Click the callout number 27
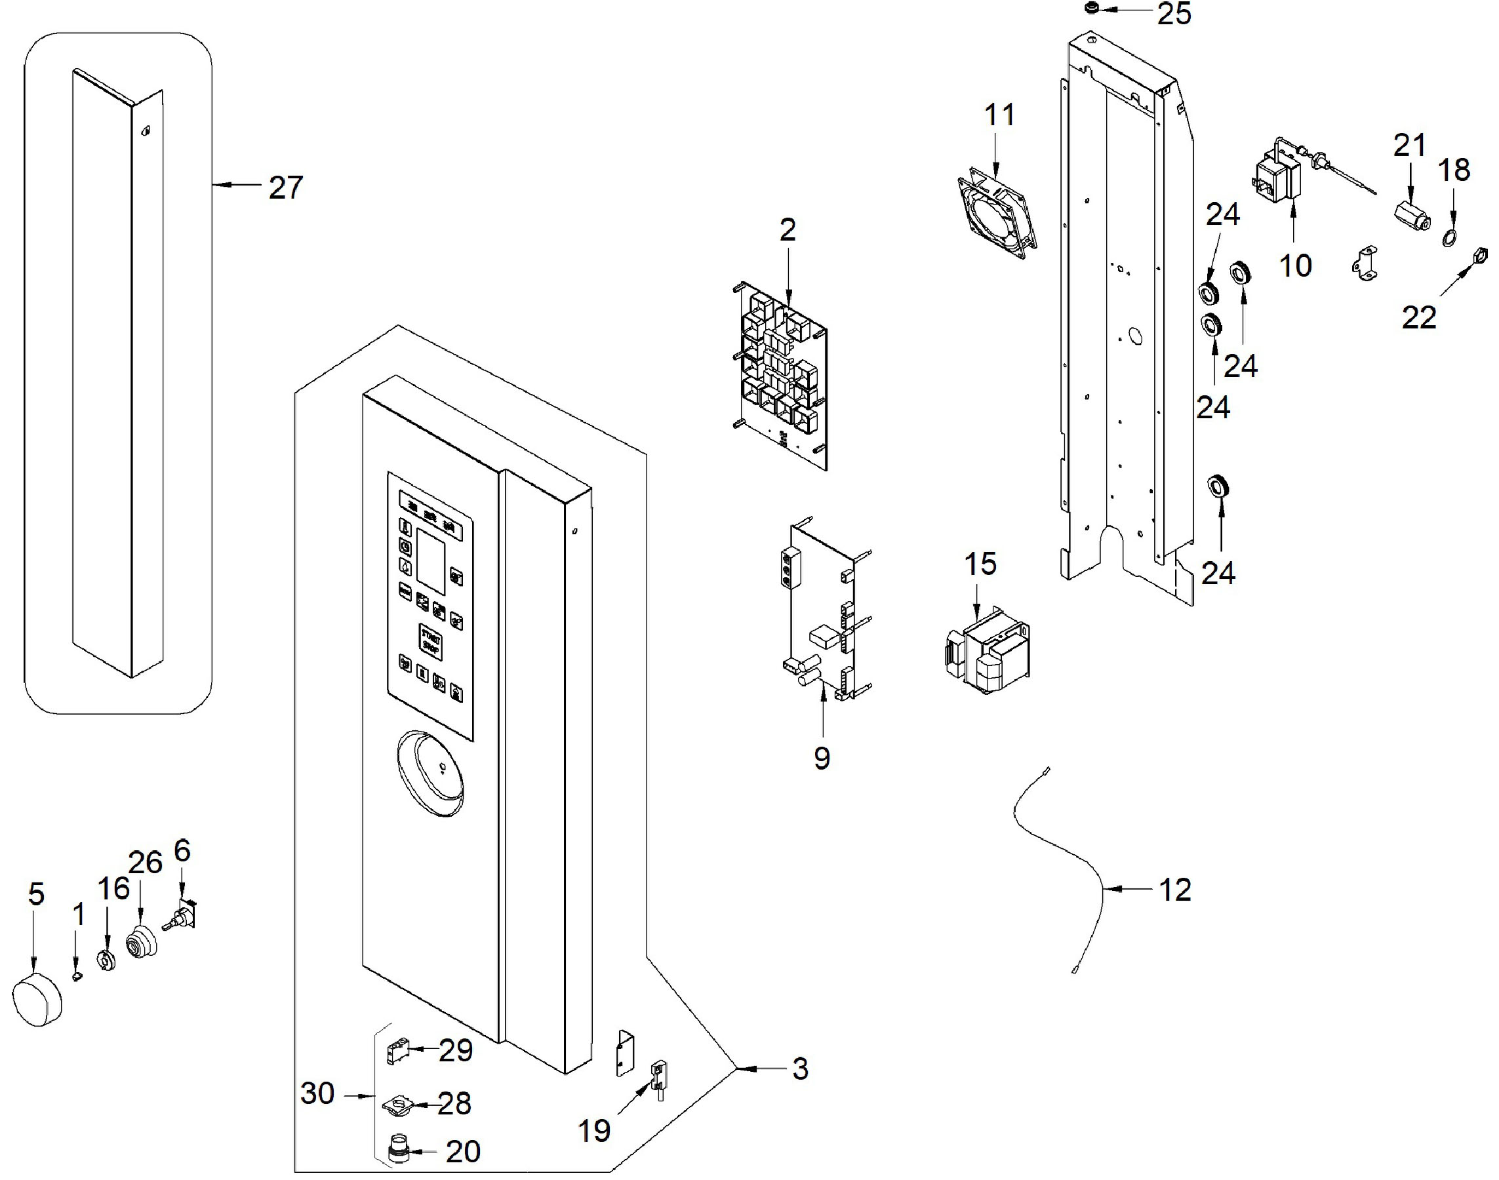(285, 188)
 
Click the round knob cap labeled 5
(37, 1000)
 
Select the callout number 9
(821, 758)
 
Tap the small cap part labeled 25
(1092, 9)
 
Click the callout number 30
(317, 1093)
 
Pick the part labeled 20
(398, 1150)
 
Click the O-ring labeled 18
(1450, 239)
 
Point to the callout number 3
(799, 1069)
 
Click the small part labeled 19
(657, 1078)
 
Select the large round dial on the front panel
(431, 774)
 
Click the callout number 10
(1295, 266)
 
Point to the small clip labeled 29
(395, 1053)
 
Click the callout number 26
(146, 863)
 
